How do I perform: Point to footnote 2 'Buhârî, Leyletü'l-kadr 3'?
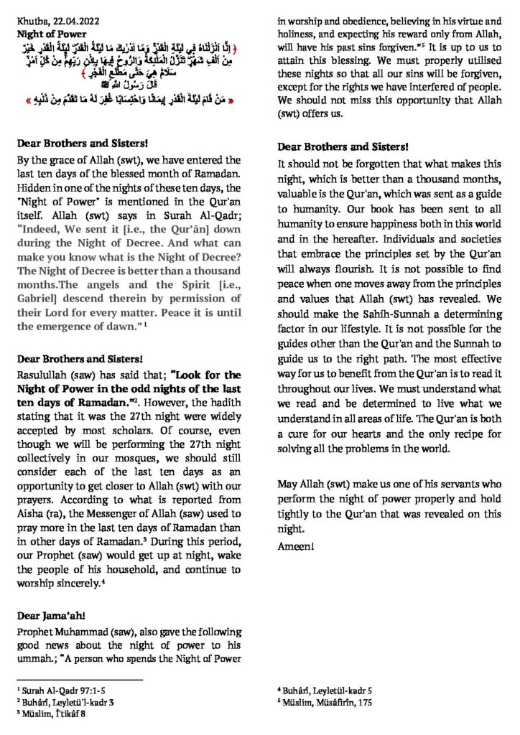point(58,702)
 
